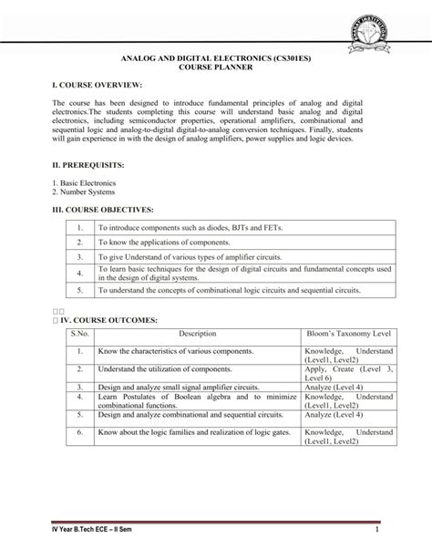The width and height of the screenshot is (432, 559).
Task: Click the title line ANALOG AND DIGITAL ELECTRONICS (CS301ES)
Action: coord(216,57)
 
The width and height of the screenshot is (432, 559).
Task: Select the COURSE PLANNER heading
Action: coord(216,67)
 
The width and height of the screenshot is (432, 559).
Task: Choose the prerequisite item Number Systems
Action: coord(87,192)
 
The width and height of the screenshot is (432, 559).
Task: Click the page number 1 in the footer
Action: coord(374,529)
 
